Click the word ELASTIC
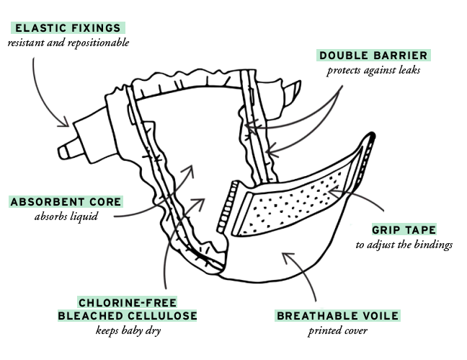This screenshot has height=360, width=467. (x=40, y=28)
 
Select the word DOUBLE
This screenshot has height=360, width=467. (x=344, y=56)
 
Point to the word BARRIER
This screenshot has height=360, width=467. (x=400, y=56)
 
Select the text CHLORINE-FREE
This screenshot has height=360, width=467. (x=128, y=302)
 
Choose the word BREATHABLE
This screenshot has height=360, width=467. (x=318, y=316)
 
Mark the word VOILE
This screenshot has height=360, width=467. (x=380, y=316)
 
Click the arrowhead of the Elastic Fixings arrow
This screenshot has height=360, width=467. (x=63, y=125)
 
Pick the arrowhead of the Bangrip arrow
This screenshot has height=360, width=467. (x=332, y=191)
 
